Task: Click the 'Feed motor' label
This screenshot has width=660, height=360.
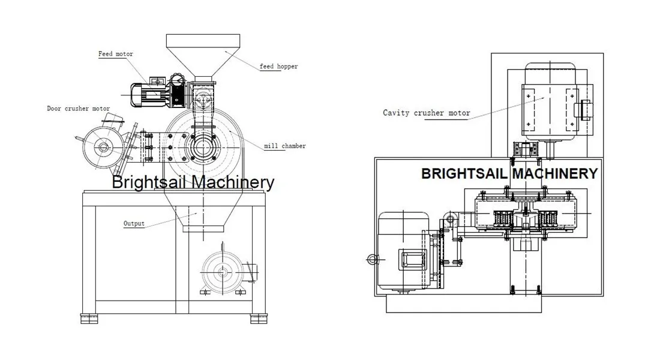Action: pyautogui.click(x=116, y=54)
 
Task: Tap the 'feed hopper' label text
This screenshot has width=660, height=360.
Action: pyautogui.click(x=278, y=67)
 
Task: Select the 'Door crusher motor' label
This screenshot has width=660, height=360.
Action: pyautogui.click(x=79, y=109)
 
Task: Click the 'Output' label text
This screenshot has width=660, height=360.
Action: pyautogui.click(x=134, y=223)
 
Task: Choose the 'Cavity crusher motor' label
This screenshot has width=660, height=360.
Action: pyautogui.click(x=426, y=112)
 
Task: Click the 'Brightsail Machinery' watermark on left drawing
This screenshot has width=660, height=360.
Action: pyautogui.click(x=193, y=182)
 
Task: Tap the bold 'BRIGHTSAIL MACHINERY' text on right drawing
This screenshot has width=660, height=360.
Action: pyautogui.click(x=509, y=174)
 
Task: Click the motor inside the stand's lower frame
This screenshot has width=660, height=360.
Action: pyautogui.click(x=224, y=272)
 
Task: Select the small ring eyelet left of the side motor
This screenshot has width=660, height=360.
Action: pyautogui.click(x=370, y=260)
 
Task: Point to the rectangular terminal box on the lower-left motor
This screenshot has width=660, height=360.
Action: pyautogui.click(x=412, y=260)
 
